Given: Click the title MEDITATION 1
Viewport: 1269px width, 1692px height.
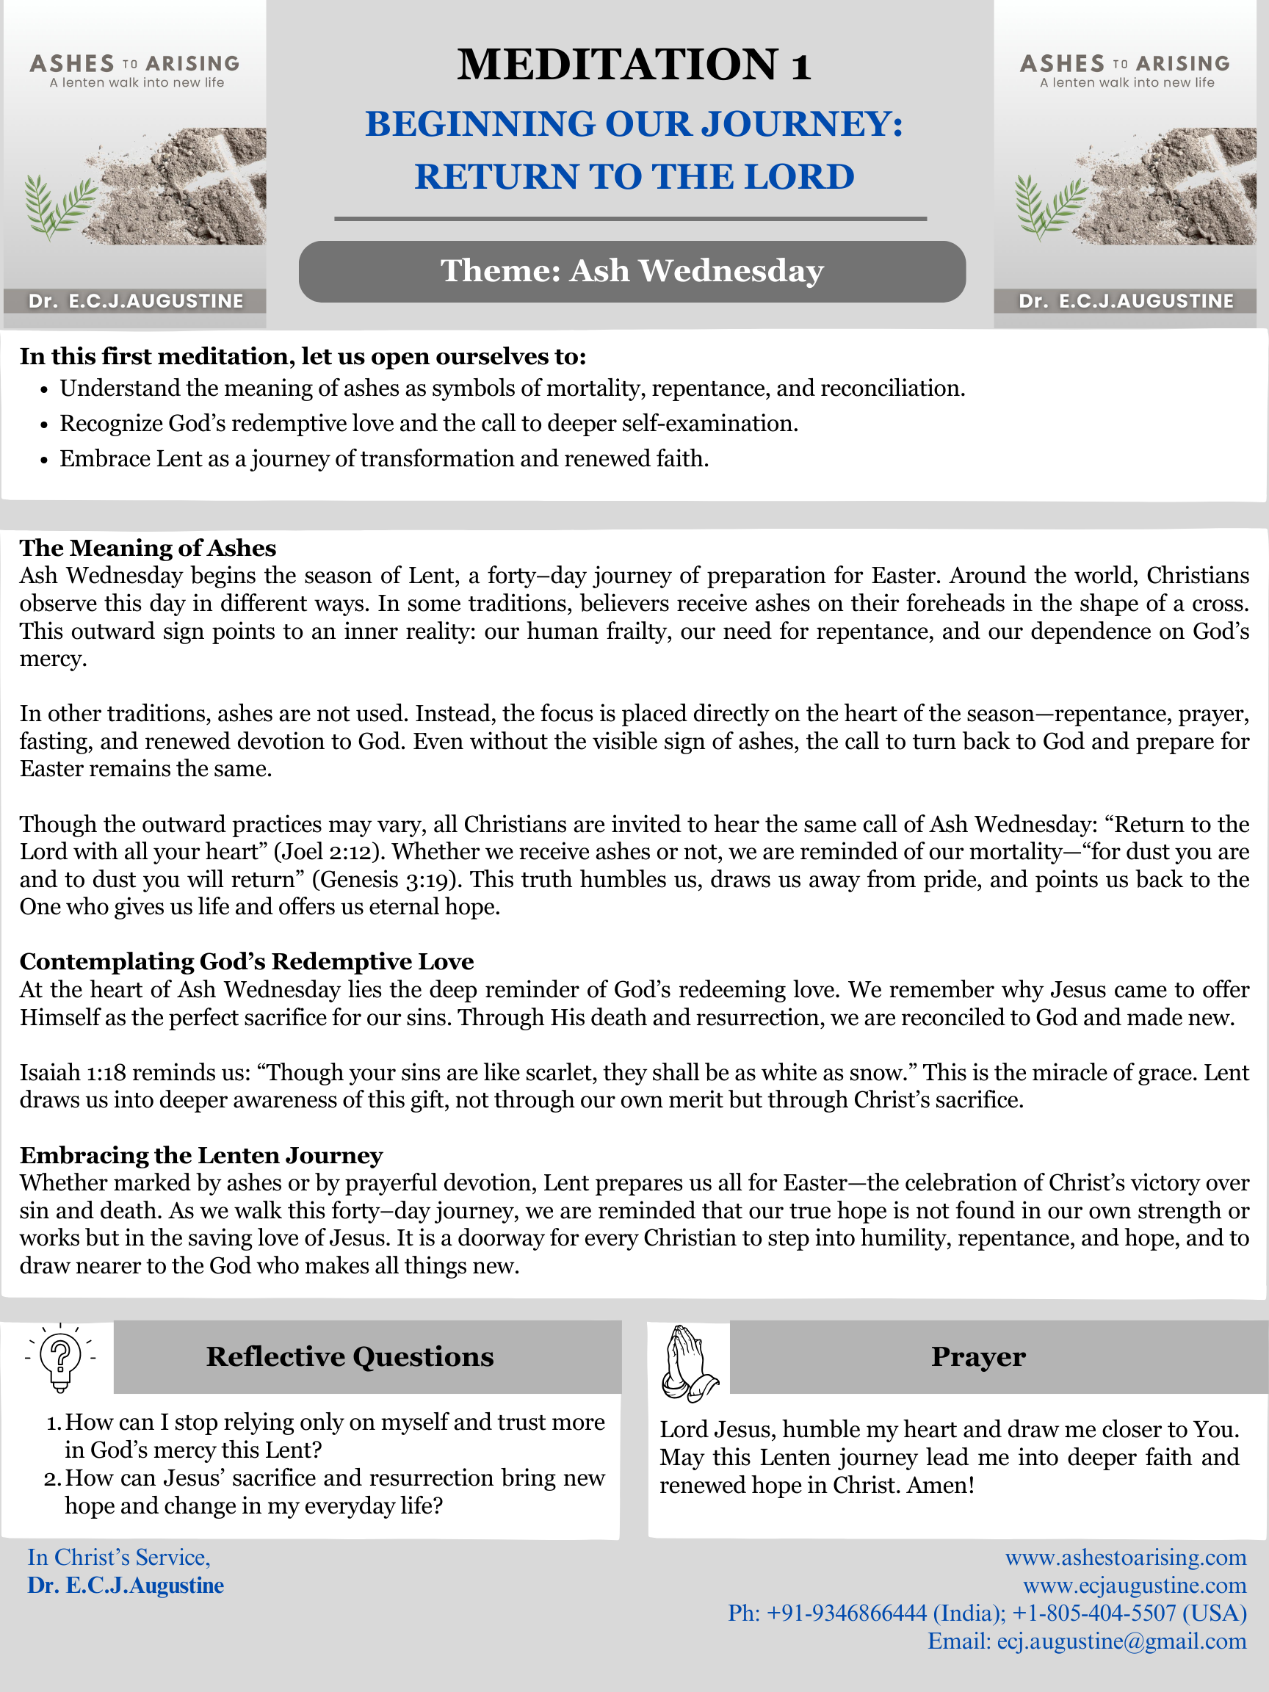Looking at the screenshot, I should (633, 64).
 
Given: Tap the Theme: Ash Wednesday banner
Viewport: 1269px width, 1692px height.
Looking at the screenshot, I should (632, 272).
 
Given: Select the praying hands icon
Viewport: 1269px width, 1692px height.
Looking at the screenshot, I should (687, 1364).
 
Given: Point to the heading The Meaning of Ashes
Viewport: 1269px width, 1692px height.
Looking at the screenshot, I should (148, 549).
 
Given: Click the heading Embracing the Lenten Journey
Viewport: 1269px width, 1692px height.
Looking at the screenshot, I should (201, 1155).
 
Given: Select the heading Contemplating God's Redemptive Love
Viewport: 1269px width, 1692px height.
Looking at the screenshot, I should (246, 961).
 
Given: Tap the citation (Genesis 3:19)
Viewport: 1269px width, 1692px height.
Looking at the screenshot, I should (386, 880).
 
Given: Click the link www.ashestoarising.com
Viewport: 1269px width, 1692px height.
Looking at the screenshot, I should (1125, 1558).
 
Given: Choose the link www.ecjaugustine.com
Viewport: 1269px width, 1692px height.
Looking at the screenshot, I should (1135, 1586).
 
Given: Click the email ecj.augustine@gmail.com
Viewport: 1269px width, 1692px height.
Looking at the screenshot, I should (1121, 1641).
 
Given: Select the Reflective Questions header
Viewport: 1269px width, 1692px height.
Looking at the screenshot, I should (350, 1357).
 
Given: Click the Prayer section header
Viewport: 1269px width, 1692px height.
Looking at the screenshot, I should (977, 1357).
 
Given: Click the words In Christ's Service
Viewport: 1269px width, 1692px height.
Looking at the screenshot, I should (118, 1558).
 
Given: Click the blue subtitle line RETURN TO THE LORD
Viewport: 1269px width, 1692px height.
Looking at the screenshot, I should (634, 177).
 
